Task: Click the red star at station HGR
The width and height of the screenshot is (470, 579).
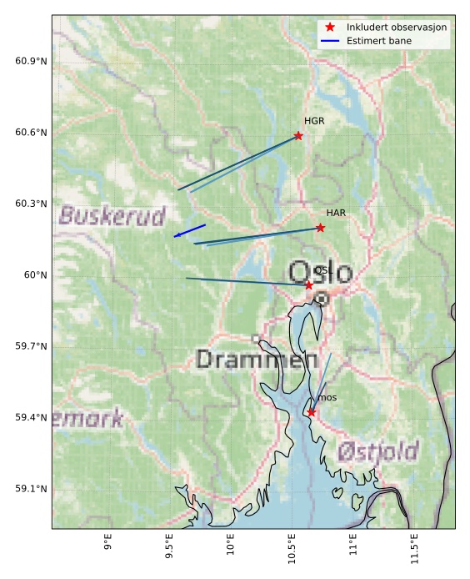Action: pyautogui.click(x=298, y=136)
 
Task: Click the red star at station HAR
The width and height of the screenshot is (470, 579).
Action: pyautogui.click(x=320, y=228)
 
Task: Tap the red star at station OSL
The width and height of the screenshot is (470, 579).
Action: pyautogui.click(x=308, y=285)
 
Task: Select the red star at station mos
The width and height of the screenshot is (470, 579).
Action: pyautogui.click(x=311, y=412)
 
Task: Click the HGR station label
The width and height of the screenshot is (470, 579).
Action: pyautogui.click(x=314, y=122)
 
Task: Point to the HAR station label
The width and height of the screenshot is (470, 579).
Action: pyautogui.click(x=336, y=214)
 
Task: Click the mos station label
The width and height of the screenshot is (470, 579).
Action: pyautogui.click(x=327, y=398)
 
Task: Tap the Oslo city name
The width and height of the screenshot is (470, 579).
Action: pyautogui.click(x=320, y=272)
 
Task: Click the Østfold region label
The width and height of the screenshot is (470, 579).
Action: pyautogui.click(x=377, y=452)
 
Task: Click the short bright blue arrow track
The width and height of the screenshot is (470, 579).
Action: pyautogui.click(x=190, y=230)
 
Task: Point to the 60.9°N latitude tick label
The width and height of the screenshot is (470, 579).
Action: pyautogui.click(x=31, y=62)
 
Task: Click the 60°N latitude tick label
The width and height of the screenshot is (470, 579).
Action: pyautogui.click(x=35, y=275)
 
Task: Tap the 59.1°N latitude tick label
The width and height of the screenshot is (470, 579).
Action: pyautogui.click(x=31, y=489)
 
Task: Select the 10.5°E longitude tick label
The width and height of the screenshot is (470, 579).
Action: pyautogui.click(x=292, y=551)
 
